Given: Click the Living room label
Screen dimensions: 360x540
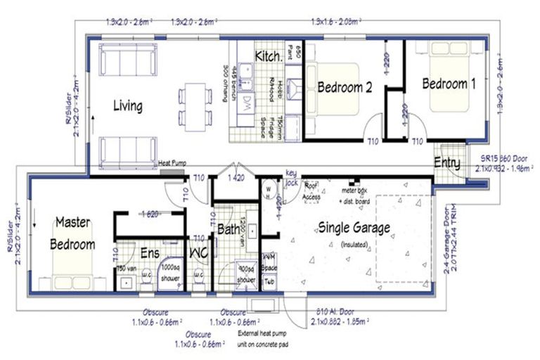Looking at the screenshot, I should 128,106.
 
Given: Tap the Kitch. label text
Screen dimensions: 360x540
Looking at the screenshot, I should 269,56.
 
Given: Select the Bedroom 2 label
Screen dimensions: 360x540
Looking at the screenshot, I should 345,87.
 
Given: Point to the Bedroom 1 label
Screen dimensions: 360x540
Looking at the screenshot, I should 449,83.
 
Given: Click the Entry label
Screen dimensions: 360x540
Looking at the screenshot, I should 448,163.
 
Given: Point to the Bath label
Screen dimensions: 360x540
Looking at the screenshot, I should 230,229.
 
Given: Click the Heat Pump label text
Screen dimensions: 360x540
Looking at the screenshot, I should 172,161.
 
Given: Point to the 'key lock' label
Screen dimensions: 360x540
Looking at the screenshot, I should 292,179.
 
